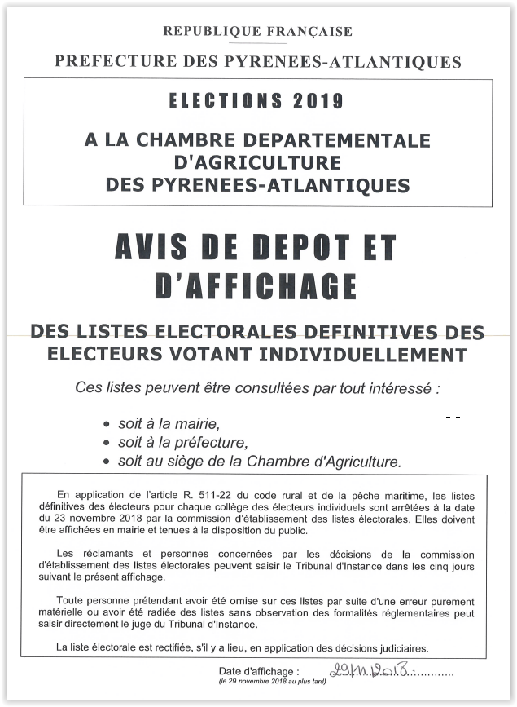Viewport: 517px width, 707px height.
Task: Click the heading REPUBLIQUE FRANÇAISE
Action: click(258, 32)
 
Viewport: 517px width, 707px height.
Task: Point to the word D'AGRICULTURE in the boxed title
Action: click(257, 162)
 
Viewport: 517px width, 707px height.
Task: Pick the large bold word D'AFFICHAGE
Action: click(256, 285)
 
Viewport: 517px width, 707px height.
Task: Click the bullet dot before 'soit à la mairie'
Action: click(107, 425)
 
